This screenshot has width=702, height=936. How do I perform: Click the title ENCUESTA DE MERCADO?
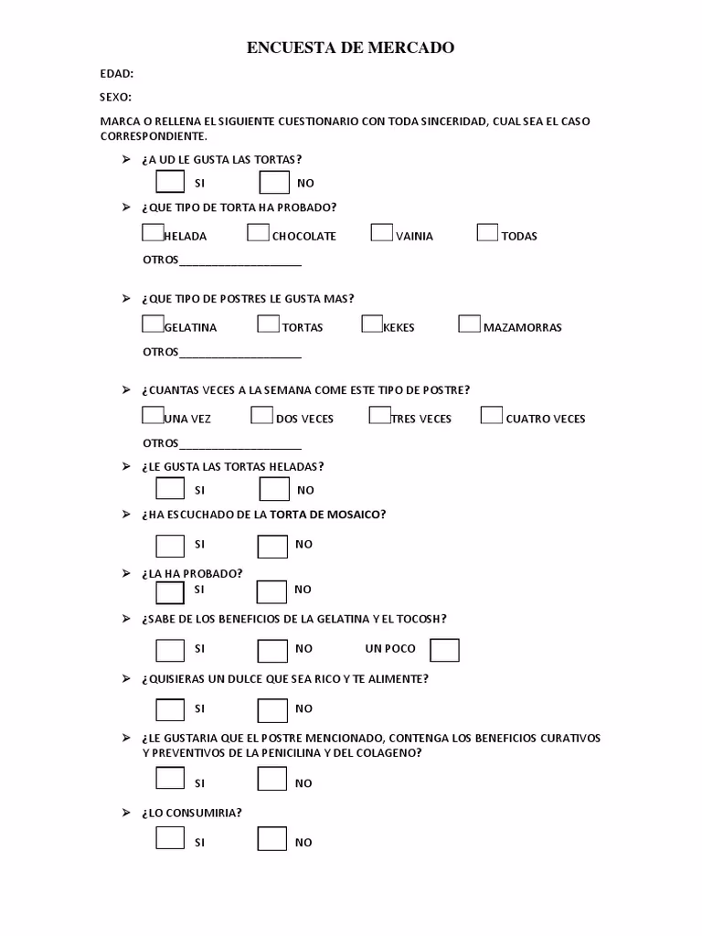click(x=350, y=48)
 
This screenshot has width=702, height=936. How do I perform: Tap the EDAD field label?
click(x=117, y=74)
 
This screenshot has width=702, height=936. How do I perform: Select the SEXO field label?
click(x=116, y=97)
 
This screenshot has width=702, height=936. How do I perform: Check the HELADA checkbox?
click(x=153, y=232)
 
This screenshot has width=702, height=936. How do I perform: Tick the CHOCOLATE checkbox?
click(x=258, y=232)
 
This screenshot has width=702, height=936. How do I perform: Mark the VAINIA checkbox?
click(x=381, y=232)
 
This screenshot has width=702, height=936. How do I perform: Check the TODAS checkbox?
click(x=487, y=232)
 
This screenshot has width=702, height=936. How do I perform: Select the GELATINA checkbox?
click(x=153, y=324)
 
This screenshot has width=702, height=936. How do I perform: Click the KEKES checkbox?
click(x=372, y=324)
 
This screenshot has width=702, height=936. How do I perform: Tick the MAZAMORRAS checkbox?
click(x=469, y=324)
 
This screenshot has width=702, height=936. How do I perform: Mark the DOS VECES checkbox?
click(x=261, y=415)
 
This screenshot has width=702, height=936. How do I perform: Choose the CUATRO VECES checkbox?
click(x=491, y=415)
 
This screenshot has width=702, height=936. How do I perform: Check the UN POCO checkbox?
click(x=444, y=650)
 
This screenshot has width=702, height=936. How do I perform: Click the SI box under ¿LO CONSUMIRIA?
click(x=170, y=838)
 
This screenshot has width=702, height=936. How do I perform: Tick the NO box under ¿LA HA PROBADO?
click(x=271, y=591)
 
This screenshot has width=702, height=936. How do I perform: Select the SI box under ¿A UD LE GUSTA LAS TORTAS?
click(x=170, y=182)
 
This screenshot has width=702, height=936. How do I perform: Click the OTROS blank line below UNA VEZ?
click(x=240, y=445)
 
